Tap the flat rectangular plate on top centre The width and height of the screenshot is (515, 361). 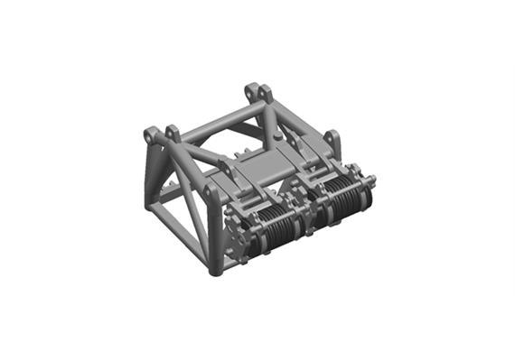tap(262, 164)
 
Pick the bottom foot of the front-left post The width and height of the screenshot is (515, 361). tap(215, 268)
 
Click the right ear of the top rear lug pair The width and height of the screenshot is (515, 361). tap(267, 93)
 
